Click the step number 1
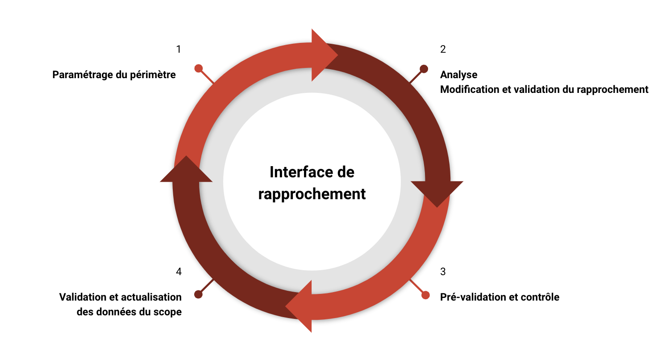[x=179, y=49]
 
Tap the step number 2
[x=443, y=49]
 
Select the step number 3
[x=443, y=272]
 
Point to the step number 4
[x=179, y=272]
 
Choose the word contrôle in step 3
[x=541, y=297]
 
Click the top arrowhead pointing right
[x=324, y=55]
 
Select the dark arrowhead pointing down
[x=437, y=192]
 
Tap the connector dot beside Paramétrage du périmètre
[x=199, y=68]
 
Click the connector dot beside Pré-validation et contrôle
[x=425, y=295]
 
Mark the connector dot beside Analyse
[x=424, y=69]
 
